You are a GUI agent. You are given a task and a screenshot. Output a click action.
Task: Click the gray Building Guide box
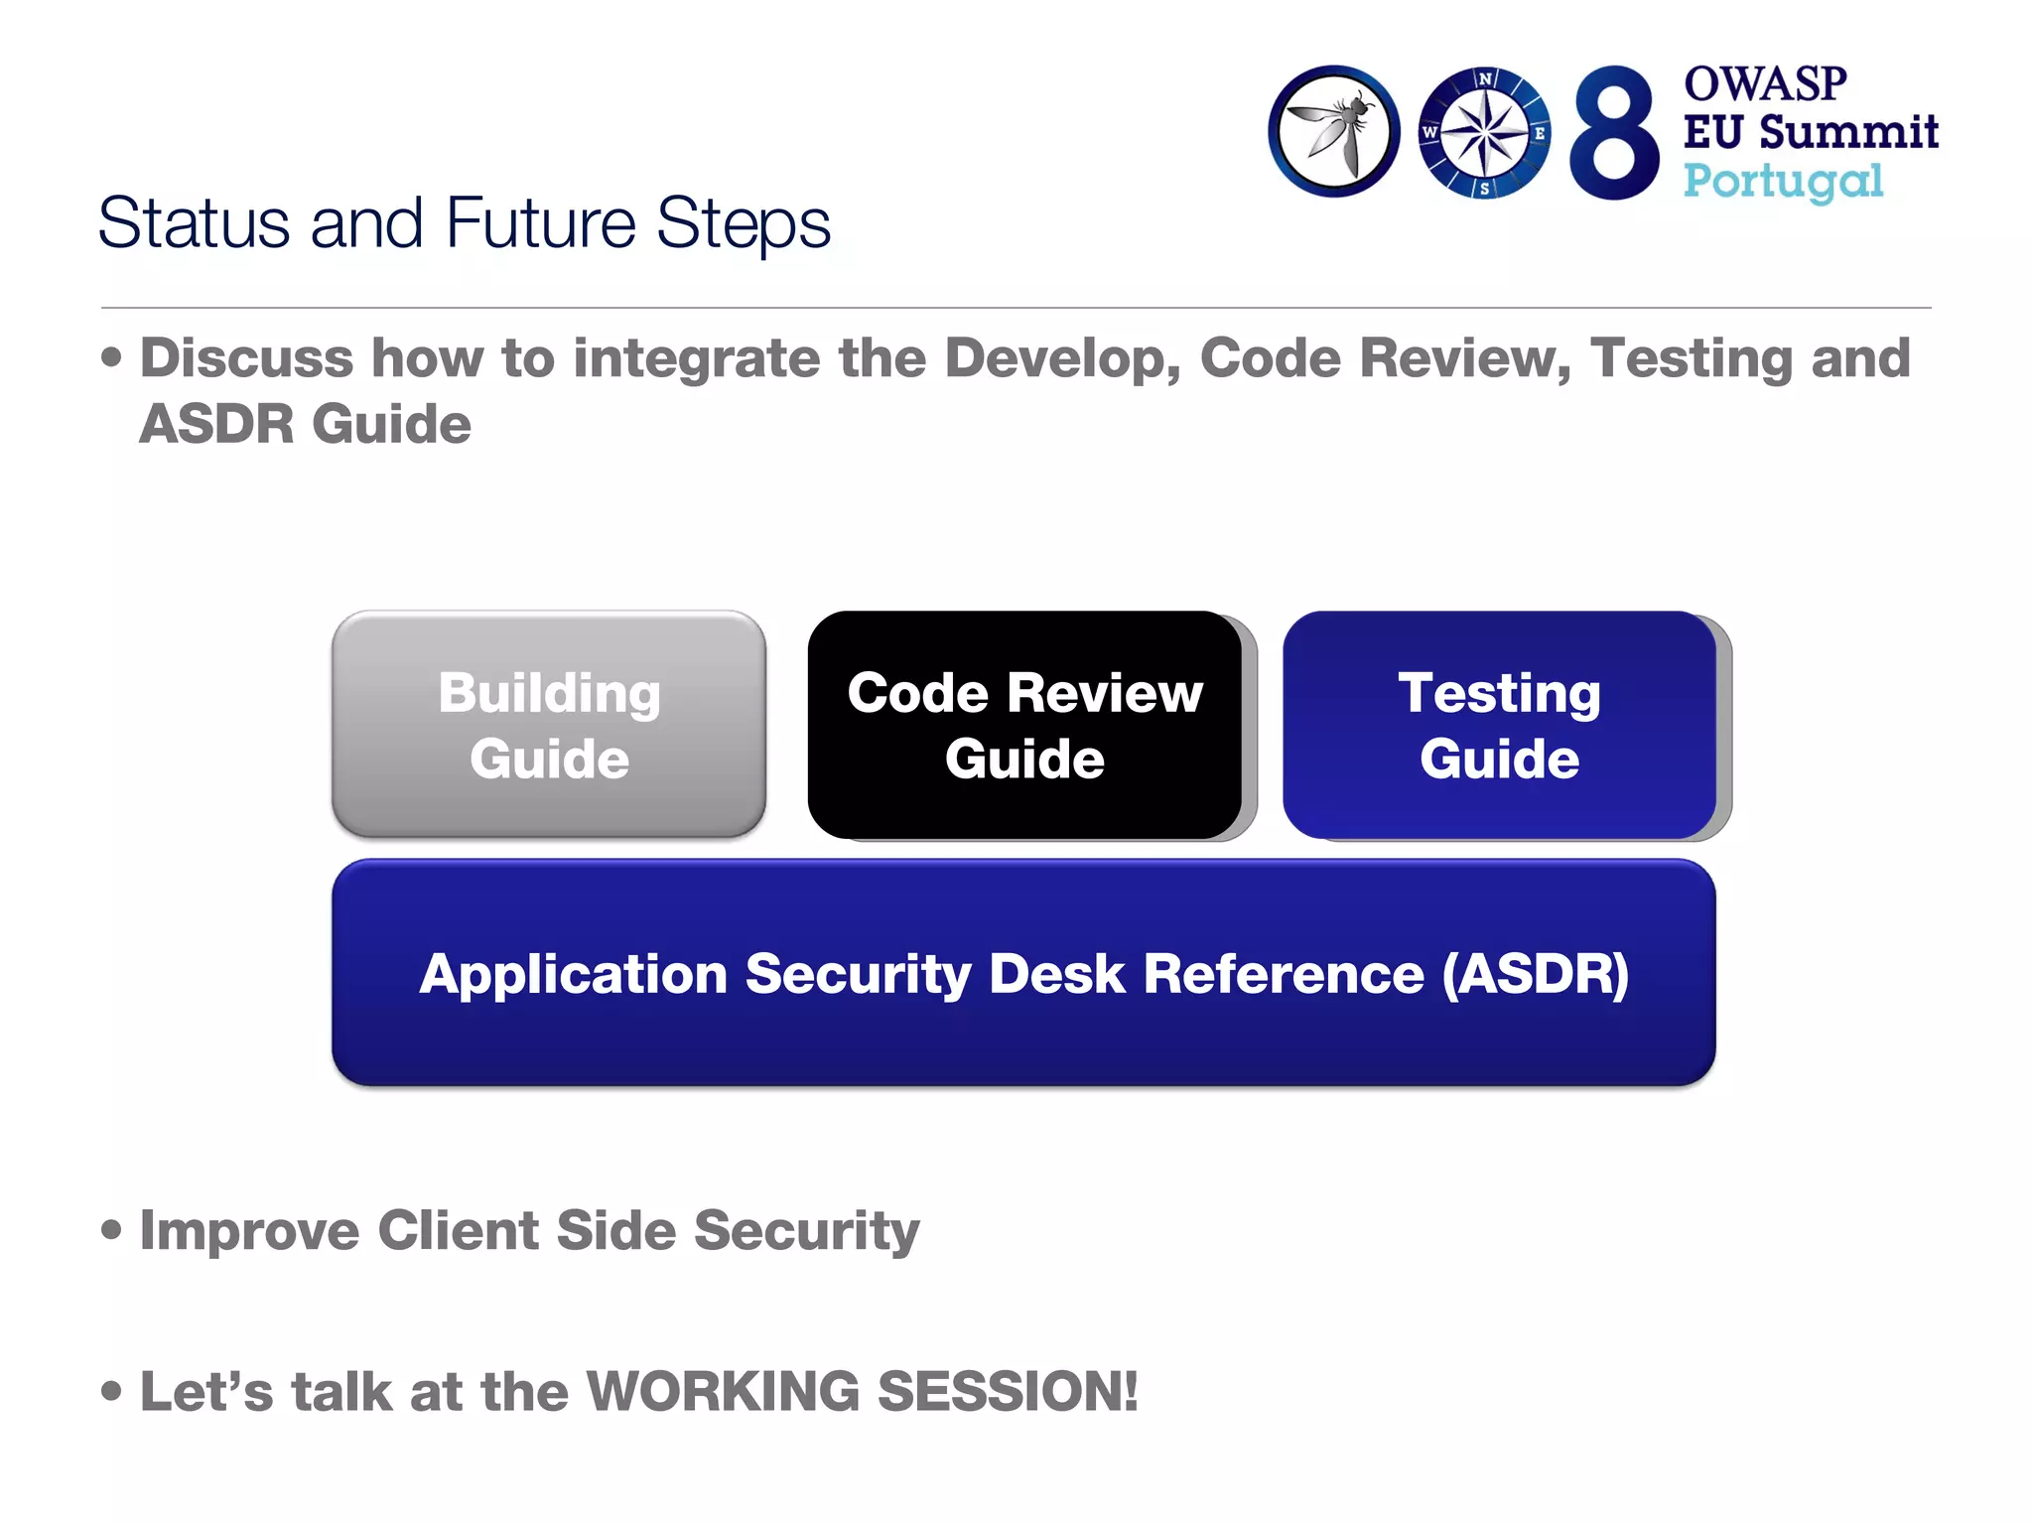point(549,725)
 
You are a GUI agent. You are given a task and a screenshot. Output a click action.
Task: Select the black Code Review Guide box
point(1024,725)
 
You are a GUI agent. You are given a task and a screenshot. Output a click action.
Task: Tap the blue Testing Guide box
point(1499,725)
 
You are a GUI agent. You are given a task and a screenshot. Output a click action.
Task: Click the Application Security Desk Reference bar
point(1023,973)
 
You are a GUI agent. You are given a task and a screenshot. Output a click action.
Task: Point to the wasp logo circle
point(1334,132)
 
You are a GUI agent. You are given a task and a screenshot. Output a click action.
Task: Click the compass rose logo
point(1484,133)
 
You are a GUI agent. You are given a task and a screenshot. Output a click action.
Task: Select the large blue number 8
point(1614,133)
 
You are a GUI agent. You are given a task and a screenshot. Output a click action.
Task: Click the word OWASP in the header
point(1765,83)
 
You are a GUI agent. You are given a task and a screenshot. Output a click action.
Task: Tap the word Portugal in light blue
point(1783,182)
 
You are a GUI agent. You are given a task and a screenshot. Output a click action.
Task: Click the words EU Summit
point(1811,132)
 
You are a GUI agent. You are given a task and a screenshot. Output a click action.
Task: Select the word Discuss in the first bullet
point(246,357)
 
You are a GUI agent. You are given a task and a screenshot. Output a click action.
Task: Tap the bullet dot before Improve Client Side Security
point(112,1231)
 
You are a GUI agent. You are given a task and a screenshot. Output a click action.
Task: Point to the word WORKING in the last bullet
point(723,1391)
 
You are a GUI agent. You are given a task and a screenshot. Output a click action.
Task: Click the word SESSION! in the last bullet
point(1008,1391)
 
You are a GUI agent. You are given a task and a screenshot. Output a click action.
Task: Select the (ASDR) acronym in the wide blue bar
point(1535,973)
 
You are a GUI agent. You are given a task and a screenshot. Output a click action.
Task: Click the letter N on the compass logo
point(1485,78)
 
